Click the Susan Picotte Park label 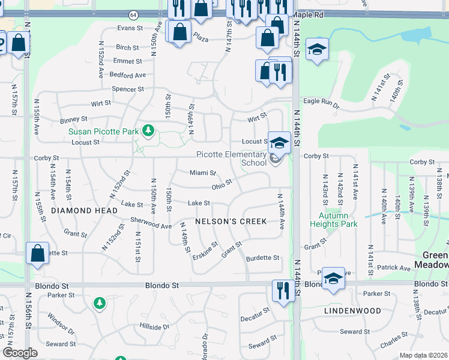103,131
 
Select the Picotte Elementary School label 232,158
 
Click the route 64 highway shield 133,14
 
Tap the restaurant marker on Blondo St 282,290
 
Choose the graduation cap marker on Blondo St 333,278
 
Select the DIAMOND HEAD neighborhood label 84,211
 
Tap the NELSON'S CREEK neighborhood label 231,221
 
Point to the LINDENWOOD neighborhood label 352,311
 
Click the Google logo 20,352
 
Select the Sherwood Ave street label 151,223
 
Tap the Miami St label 202,173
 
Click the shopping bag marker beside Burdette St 37,253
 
